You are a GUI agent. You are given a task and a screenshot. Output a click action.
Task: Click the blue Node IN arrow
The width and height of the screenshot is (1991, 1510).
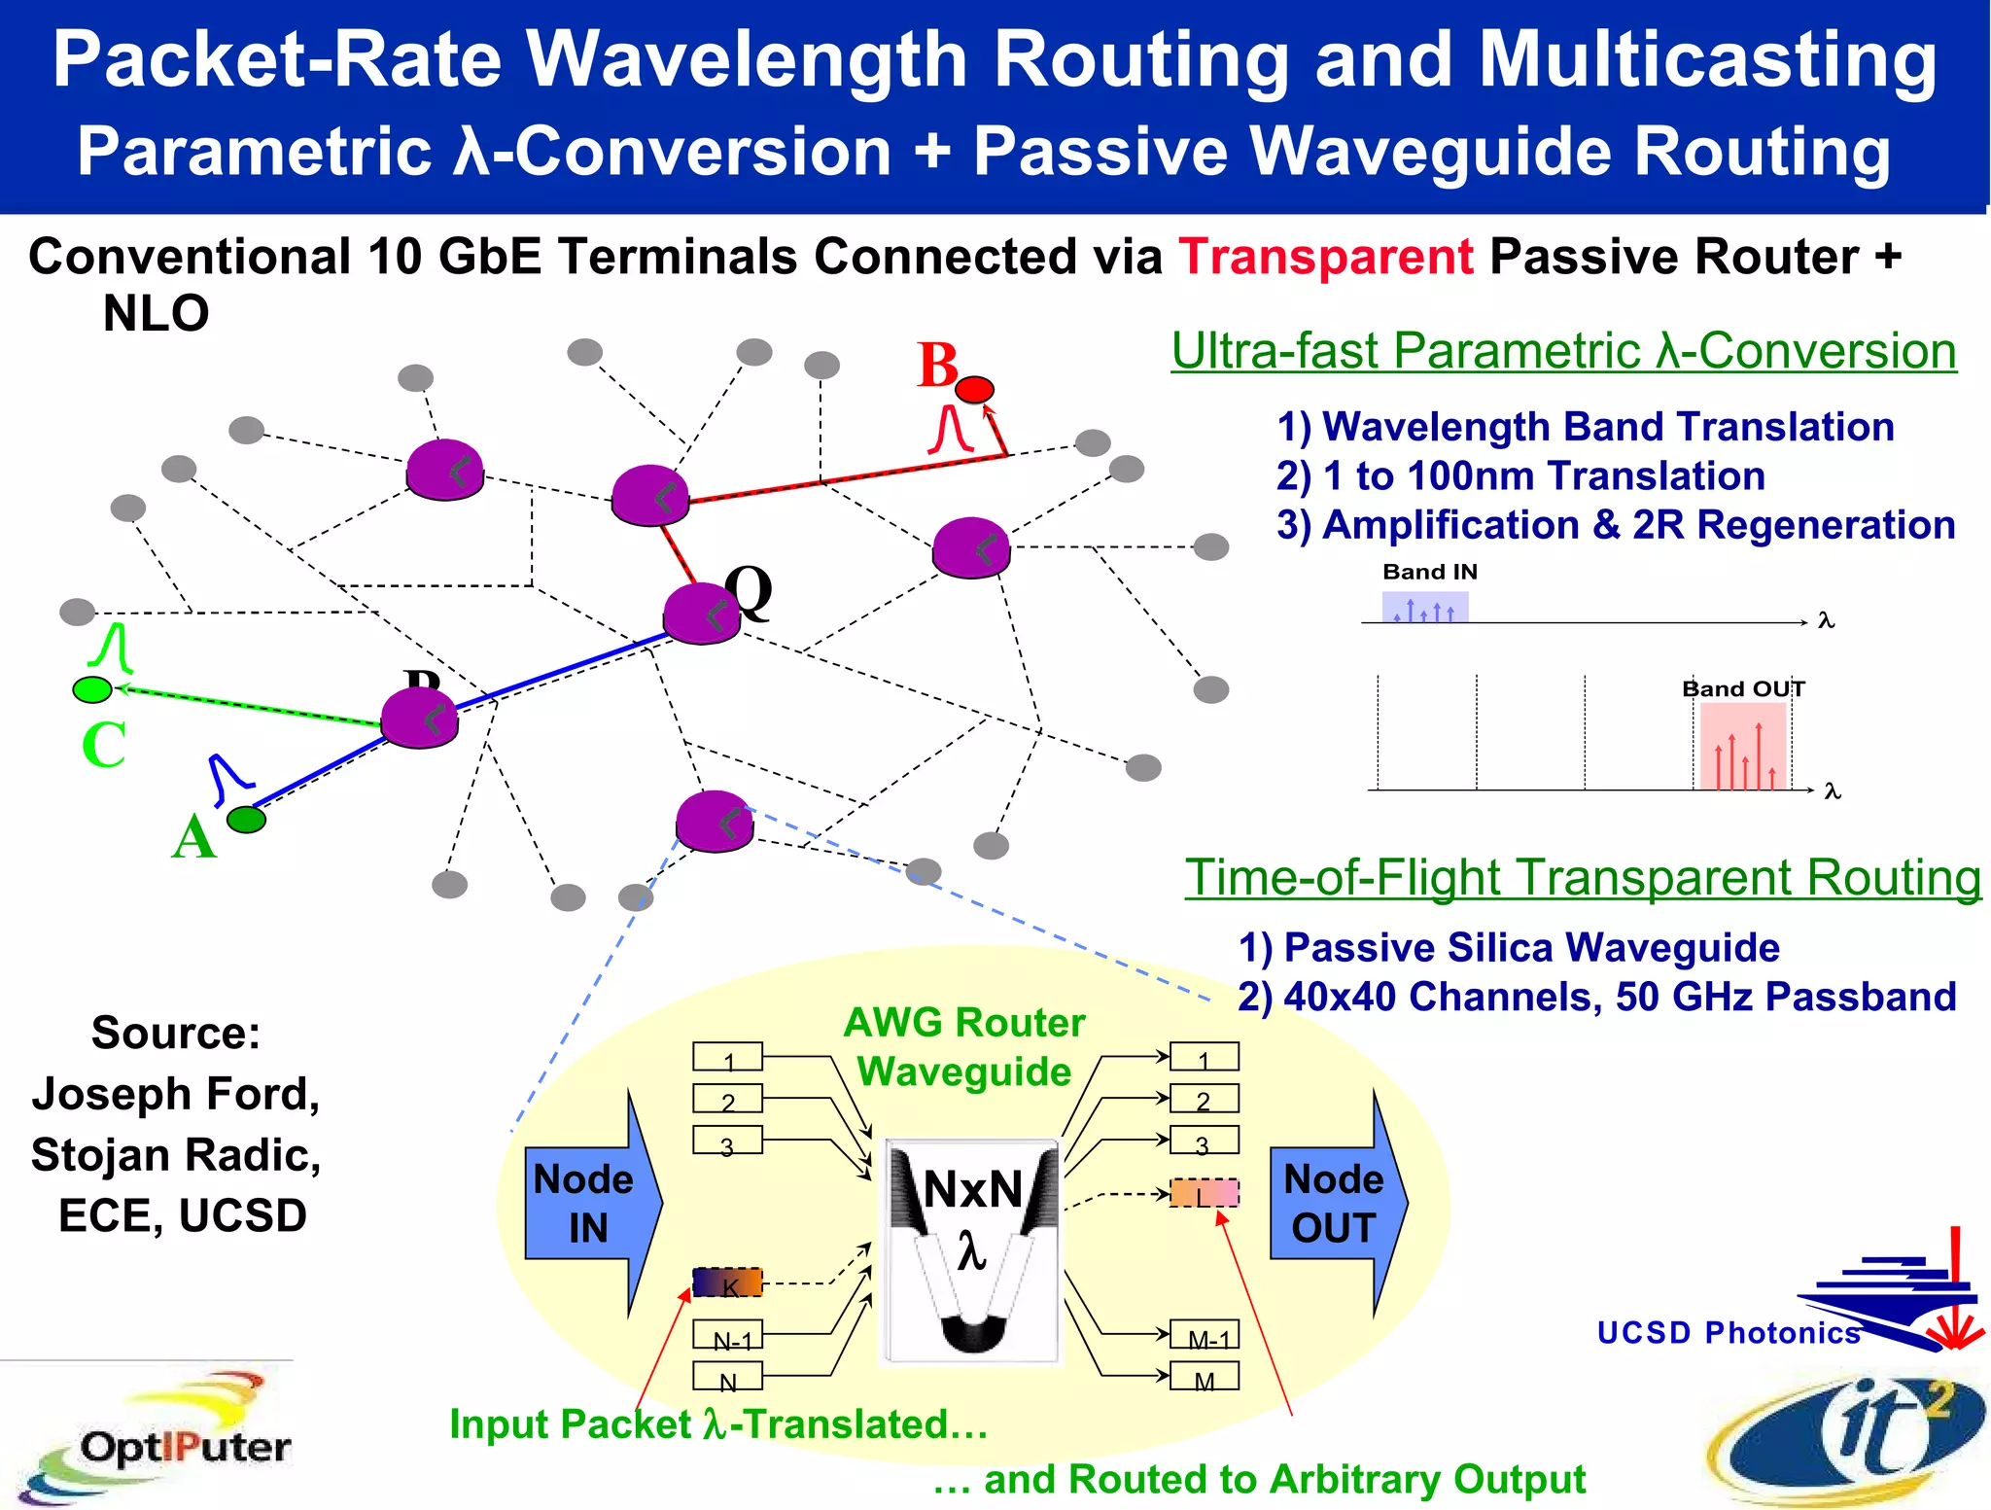tap(589, 1204)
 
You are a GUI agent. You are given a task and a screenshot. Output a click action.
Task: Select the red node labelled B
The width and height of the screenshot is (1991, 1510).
tap(974, 390)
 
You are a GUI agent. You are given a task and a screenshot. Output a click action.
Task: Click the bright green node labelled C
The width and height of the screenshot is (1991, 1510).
tap(92, 689)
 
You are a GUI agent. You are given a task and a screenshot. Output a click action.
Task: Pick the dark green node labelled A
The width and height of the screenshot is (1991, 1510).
tap(246, 820)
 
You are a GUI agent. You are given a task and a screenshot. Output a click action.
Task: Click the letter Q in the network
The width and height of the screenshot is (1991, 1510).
tap(750, 590)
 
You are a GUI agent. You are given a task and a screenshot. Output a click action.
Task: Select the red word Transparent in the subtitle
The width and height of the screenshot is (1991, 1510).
tap(1326, 258)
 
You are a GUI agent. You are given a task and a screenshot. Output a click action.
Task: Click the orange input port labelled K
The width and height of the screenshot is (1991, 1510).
tap(727, 1282)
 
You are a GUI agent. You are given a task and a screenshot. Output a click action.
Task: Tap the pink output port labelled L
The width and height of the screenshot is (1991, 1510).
tap(1205, 1193)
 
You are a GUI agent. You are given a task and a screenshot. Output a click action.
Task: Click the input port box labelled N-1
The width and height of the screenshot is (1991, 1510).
tap(728, 1335)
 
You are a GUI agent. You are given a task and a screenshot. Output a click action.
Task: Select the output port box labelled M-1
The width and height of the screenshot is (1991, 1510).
tap(1205, 1335)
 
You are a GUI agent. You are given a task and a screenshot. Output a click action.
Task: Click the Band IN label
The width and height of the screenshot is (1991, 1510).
tap(1430, 572)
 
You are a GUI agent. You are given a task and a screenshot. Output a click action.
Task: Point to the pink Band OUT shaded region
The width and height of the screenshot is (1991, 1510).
tap(1742, 745)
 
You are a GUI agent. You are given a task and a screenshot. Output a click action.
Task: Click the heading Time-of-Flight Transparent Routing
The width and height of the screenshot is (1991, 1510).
tap(1583, 877)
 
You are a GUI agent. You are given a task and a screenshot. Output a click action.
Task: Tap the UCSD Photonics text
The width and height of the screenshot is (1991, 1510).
tap(1729, 1332)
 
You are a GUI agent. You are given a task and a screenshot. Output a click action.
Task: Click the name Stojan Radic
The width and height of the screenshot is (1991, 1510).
tap(176, 1155)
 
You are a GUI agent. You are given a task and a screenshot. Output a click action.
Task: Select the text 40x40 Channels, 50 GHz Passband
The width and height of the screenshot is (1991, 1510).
tap(1619, 997)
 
